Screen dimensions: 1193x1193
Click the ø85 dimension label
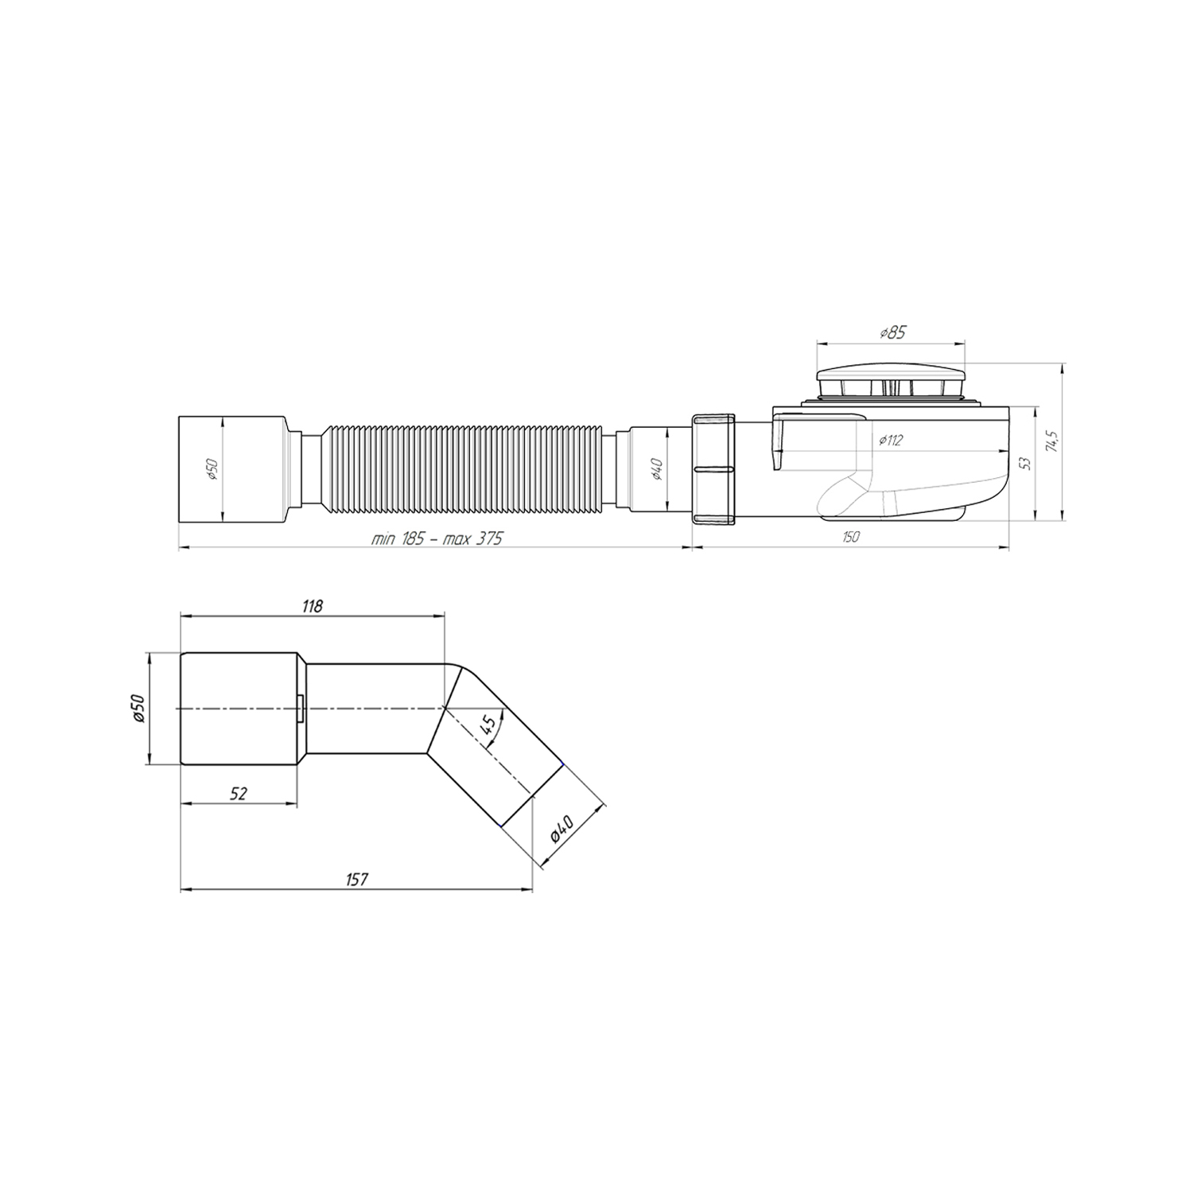[892, 333]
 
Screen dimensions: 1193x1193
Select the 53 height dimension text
[1025, 462]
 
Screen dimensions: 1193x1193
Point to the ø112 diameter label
[891, 441]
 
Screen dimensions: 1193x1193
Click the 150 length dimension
[850, 538]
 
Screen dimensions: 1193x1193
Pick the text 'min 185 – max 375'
[437, 538]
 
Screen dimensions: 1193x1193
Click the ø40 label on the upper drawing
[657, 470]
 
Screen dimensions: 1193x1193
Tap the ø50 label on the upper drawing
[212, 470]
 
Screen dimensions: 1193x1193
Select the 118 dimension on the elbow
[312, 606]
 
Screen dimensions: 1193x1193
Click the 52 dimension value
[239, 793]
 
